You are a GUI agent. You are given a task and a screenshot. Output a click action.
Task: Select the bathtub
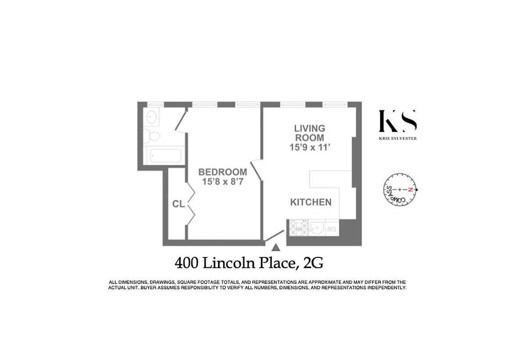pyautogui.click(x=165, y=156)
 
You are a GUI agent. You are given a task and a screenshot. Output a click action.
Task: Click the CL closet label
pyautogui.click(x=178, y=204)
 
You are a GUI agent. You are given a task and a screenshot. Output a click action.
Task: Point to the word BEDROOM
pyautogui.click(x=223, y=172)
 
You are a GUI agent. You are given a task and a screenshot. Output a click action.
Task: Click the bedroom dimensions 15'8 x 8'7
pyautogui.click(x=223, y=182)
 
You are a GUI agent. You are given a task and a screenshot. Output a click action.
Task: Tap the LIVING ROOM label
pyautogui.click(x=310, y=133)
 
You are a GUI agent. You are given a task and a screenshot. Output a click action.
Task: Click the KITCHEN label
pyautogui.click(x=311, y=202)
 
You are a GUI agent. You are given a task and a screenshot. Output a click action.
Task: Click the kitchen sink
pyautogui.click(x=317, y=228)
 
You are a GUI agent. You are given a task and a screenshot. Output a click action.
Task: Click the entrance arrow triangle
pyautogui.click(x=276, y=247)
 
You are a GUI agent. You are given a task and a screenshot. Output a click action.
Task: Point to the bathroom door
pyautogui.click(x=180, y=120)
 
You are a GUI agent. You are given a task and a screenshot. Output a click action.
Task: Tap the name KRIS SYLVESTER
pyautogui.click(x=398, y=139)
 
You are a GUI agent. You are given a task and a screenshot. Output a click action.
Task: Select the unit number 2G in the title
pyautogui.click(x=314, y=262)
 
